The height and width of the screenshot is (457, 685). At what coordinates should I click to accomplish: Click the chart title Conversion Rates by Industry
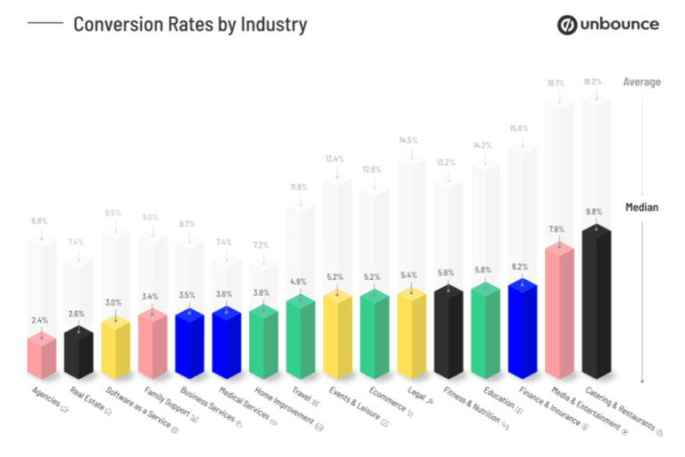[x=189, y=24]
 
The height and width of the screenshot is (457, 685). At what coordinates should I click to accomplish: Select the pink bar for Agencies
[x=41, y=354]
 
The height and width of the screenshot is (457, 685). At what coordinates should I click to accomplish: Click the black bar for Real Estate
[x=78, y=351]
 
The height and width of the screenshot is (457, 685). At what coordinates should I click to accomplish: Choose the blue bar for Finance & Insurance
[x=522, y=328]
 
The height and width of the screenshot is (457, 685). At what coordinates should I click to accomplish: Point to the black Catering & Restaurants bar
[x=596, y=303]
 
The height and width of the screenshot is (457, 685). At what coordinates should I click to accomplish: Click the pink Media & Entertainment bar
[x=558, y=312]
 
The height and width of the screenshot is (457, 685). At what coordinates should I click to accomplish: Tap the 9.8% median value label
[x=594, y=211]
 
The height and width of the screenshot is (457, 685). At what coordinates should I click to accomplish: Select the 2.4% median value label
[x=40, y=319]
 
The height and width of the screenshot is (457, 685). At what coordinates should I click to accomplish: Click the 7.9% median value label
[x=557, y=228]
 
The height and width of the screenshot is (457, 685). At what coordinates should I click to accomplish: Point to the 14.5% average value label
[x=409, y=140]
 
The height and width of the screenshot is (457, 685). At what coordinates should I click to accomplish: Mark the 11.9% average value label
[x=300, y=187]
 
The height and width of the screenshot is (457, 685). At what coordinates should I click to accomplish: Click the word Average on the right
[x=642, y=82]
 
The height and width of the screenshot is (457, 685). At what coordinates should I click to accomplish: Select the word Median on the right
[x=642, y=208]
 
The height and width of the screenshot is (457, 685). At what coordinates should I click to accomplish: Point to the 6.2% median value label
[x=520, y=265]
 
